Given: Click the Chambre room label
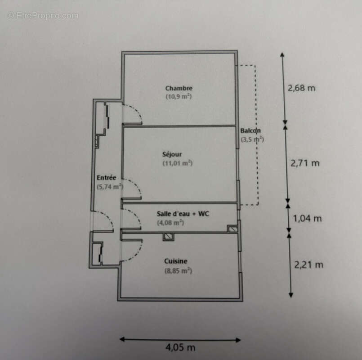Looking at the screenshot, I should click(x=179, y=88).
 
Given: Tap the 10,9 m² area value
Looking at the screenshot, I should click(x=179, y=96).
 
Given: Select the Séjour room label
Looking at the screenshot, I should click(x=172, y=154).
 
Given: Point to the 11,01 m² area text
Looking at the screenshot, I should click(x=177, y=163).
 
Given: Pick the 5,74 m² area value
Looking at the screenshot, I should click(x=110, y=186).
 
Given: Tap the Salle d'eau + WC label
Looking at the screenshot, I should click(x=183, y=214).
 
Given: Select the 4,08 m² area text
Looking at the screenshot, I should click(x=170, y=222).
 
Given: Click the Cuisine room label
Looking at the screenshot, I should click(x=176, y=261).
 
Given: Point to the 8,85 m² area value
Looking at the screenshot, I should click(x=178, y=270).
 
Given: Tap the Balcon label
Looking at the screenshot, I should click(x=250, y=131).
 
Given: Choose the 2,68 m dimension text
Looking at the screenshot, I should click(x=301, y=88).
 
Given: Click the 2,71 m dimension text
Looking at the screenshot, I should click(x=305, y=163).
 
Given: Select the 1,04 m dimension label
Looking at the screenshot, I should click(x=308, y=219).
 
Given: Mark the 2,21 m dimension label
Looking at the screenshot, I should click(x=308, y=265).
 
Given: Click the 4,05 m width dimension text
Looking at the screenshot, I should click(x=180, y=347).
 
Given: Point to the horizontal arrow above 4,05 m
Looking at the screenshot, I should click(x=180, y=340).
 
